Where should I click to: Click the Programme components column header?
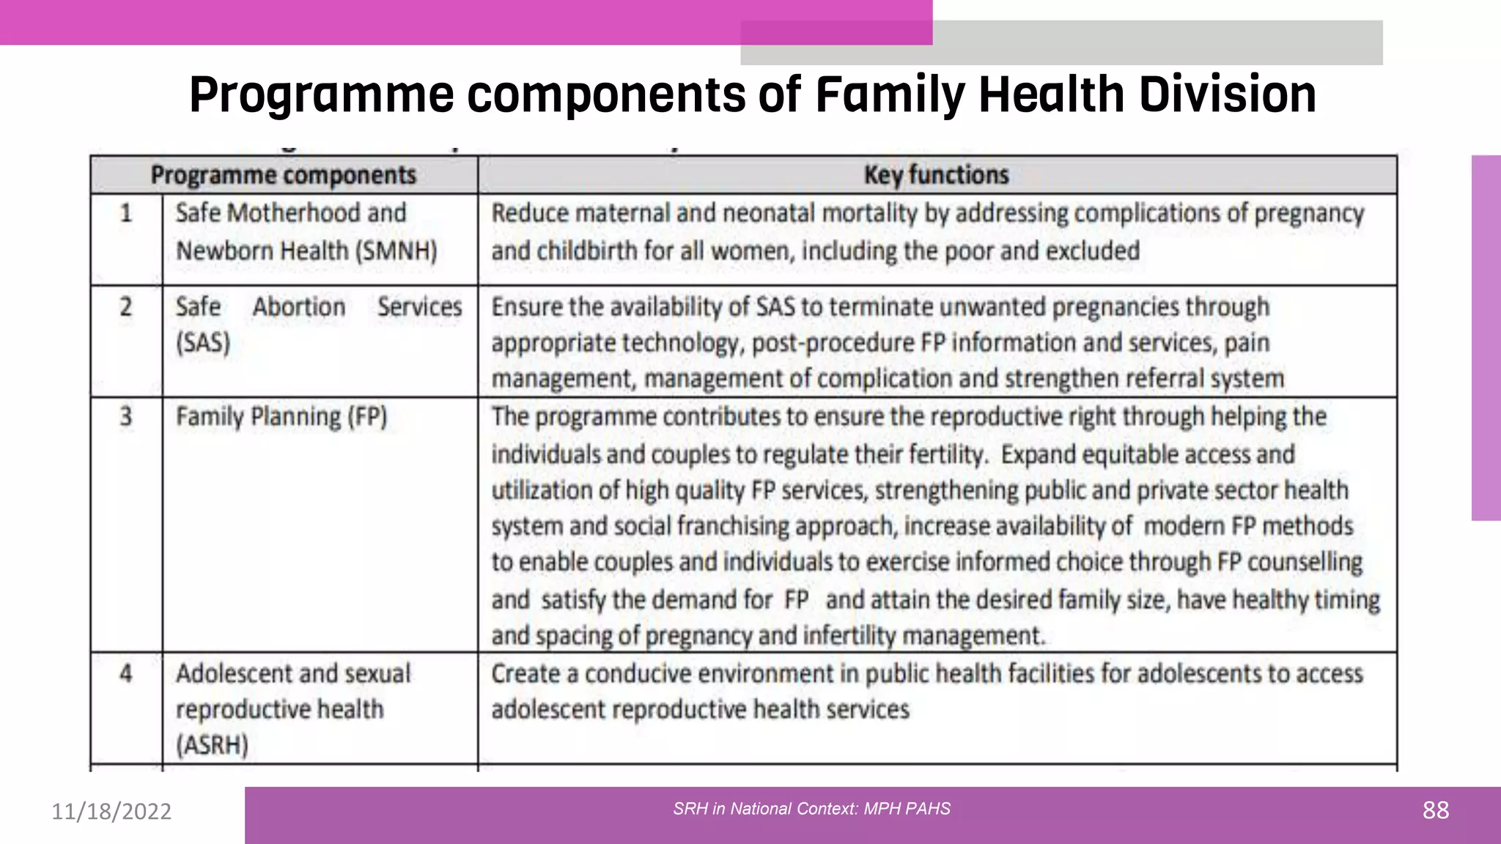coord(284,175)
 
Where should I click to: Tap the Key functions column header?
coord(936,175)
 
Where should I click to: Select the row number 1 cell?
coord(126,213)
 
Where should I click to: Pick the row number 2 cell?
coord(126,306)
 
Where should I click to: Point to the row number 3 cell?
coord(126,416)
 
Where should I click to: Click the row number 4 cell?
coord(126,673)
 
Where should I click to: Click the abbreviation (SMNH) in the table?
coord(397,251)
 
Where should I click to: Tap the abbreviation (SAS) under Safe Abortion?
coord(203,343)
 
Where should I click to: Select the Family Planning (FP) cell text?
coord(281,417)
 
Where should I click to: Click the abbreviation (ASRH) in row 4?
coord(212,745)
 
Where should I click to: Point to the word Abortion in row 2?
coord(299,306)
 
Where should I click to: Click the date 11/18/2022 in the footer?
coord(111,811)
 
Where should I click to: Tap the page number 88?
coord(1435,810)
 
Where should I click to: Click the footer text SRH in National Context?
coord(811,809)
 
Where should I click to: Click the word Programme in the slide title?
coord(322,95)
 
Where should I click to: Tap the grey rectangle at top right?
coord(1158,42)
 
